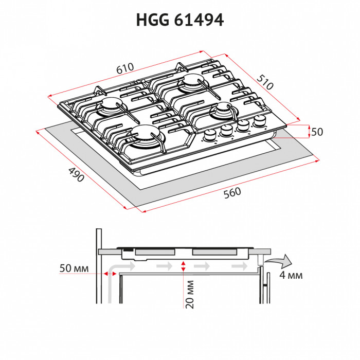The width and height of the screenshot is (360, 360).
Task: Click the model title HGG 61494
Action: [179, 20]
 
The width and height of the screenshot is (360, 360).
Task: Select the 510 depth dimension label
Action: [264, 82]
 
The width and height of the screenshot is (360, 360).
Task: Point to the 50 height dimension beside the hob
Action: [317, 132]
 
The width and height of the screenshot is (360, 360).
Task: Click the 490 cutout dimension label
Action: [76, 175]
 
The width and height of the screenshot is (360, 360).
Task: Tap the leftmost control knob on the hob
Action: [210, 136]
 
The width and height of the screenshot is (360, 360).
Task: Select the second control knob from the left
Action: [226, 132]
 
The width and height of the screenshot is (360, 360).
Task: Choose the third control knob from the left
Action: [243, 126]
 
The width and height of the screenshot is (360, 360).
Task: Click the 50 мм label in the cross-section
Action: [75, 268]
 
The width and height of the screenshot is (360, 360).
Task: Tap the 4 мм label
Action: [291, 275]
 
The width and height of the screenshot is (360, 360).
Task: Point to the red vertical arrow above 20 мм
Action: [184, 266]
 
